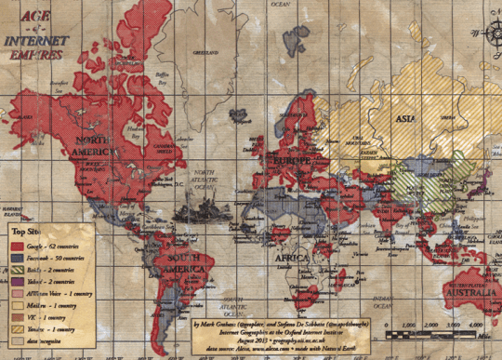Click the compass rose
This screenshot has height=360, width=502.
488,36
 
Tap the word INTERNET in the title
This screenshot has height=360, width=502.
38,41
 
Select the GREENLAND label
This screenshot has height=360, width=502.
205,52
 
